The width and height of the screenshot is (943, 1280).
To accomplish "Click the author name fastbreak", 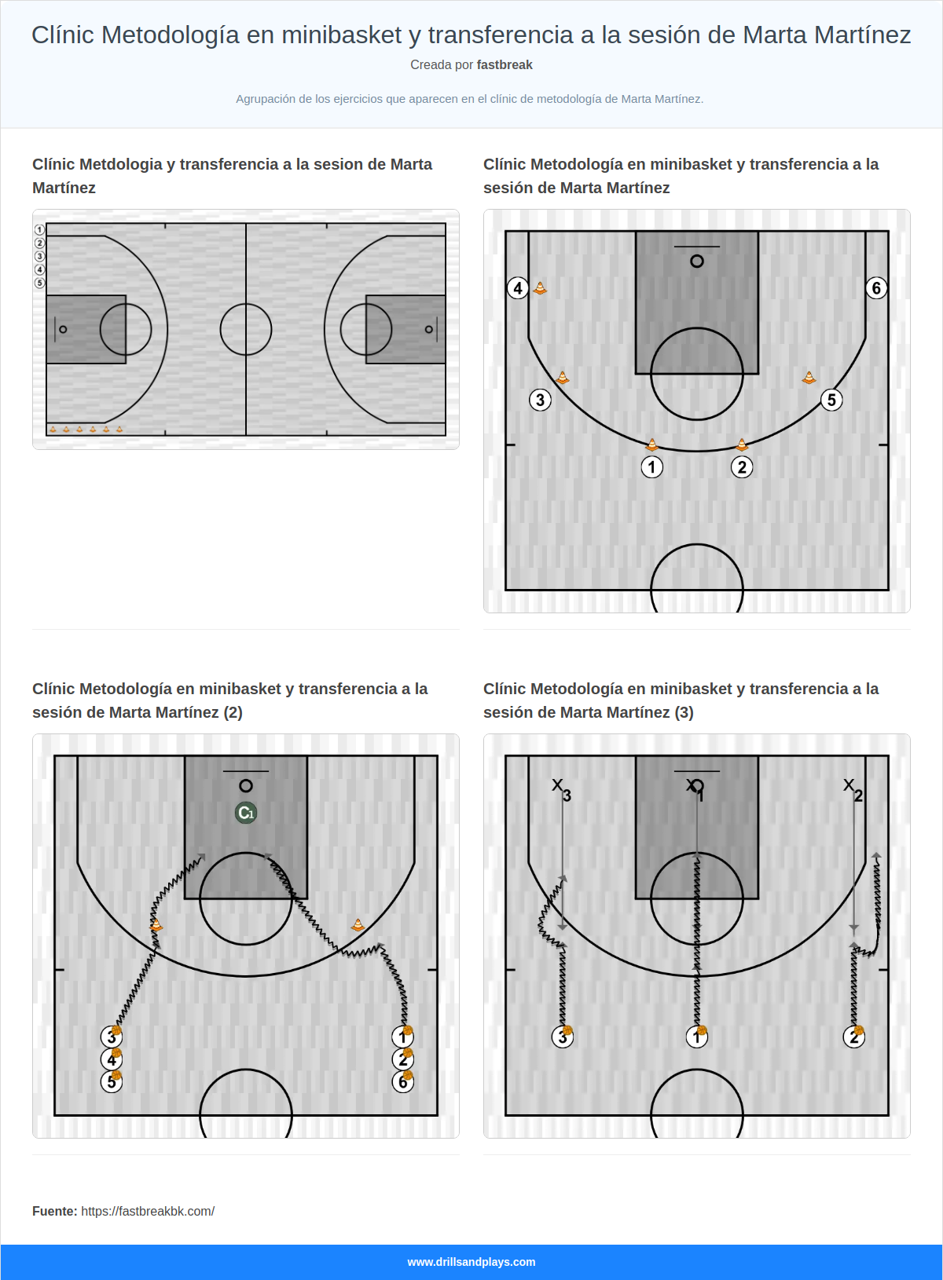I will point(505,65).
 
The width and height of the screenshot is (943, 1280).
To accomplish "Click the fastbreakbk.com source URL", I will point(148,1211).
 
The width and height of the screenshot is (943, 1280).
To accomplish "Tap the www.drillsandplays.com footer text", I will point(472,1262).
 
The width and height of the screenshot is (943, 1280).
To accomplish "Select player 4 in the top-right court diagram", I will point(517,288).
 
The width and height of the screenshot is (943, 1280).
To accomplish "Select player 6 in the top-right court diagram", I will point(876,288).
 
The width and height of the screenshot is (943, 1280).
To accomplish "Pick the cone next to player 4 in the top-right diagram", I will point(540,288).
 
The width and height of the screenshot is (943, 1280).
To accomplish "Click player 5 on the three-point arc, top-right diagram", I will point(831,400).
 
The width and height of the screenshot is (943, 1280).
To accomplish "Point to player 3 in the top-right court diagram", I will point(540,400).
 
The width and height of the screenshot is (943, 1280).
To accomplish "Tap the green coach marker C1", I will point(246,813).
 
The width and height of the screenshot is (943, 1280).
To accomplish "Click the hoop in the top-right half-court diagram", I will point(697,261).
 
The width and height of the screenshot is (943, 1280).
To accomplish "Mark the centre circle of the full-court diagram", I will point(246,329).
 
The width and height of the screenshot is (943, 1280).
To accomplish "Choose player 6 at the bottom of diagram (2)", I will point(402,1082).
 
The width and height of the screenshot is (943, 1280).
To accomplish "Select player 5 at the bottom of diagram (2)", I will point(112,1082).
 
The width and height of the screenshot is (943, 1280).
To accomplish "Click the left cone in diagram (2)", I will point(156,925).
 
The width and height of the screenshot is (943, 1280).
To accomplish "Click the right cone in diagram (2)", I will point(358,925).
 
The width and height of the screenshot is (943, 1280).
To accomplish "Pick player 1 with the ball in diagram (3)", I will point(697,1037).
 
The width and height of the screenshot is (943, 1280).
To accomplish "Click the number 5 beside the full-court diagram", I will point(40,283).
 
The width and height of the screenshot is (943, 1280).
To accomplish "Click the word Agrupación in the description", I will point(265,99).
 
